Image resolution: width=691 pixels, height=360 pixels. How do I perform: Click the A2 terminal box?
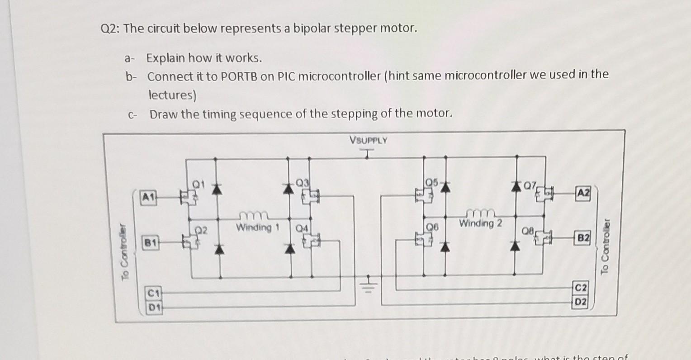[x=583, y=192]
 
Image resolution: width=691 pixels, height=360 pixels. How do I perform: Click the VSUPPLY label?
[x=368, y=140]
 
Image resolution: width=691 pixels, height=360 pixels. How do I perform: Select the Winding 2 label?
[x=480, y=223]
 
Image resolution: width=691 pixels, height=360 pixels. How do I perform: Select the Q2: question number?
[x=110, y=29]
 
